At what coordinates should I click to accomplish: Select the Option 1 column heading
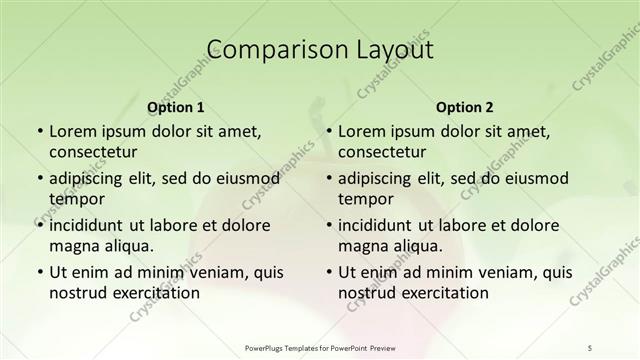click(175, 107)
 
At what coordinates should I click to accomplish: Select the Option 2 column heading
click(465, 107)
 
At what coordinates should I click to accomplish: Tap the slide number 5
click(590, 348)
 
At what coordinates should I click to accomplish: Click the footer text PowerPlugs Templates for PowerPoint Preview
click(319, 348)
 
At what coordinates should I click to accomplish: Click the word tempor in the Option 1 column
click(76, 199)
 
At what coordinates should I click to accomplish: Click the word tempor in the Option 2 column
click(365, 199)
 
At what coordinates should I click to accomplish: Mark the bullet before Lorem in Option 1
click(39, 131)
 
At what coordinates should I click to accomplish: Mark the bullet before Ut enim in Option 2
click(328, 272)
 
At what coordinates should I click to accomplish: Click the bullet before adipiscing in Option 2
click(328, 178)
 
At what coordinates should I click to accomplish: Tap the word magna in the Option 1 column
click(73, 246)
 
